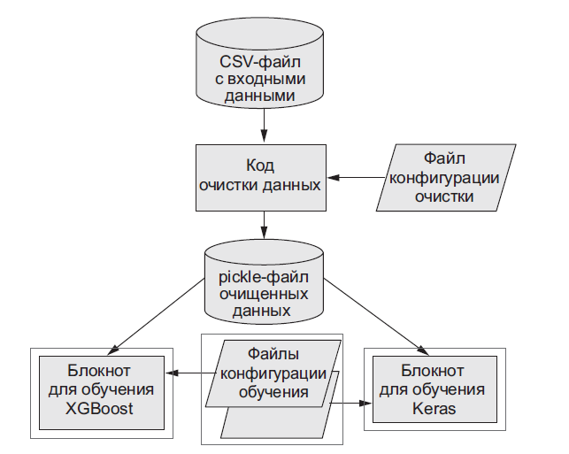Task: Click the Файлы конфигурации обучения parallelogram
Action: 272,372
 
